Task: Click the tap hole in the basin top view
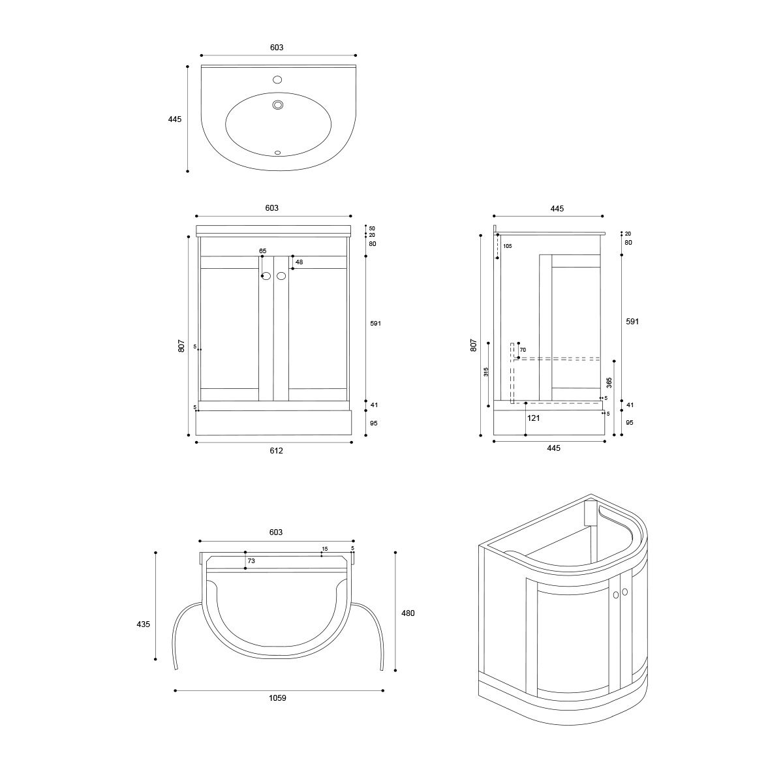point(277,79)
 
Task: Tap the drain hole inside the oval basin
point(278,105)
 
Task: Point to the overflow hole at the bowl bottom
point(278,153)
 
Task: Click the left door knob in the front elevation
point(267,276)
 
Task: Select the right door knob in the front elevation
point(281,276)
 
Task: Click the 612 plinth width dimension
point(276,450)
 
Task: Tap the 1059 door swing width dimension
point(277,698)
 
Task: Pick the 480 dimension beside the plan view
point(408,613)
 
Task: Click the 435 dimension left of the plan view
point(144,624)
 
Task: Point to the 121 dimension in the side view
point(533,418)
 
